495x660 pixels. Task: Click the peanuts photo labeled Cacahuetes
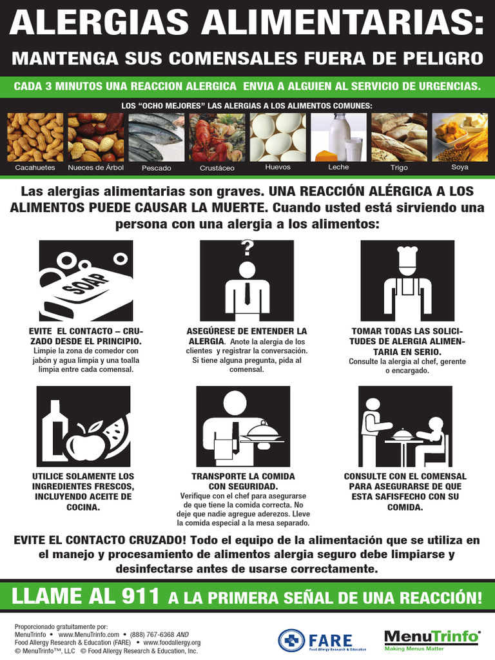[35, 137]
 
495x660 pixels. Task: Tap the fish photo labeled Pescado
[156, 137]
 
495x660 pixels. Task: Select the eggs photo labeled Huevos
[278, 137]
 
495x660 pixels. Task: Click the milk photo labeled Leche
[338, 137]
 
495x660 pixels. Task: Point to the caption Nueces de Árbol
[95, 168]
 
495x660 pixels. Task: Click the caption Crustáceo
[217, 168]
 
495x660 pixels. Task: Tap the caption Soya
[460, 167]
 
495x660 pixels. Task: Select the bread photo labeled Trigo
[399, 137]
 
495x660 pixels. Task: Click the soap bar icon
[84, 290]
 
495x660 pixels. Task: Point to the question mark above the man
[247, 248]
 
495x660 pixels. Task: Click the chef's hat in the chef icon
[407, 257]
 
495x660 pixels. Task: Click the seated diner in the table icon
[432, 438]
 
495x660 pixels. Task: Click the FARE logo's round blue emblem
[291, 640]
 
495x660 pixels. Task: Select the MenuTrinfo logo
[432, 639]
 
